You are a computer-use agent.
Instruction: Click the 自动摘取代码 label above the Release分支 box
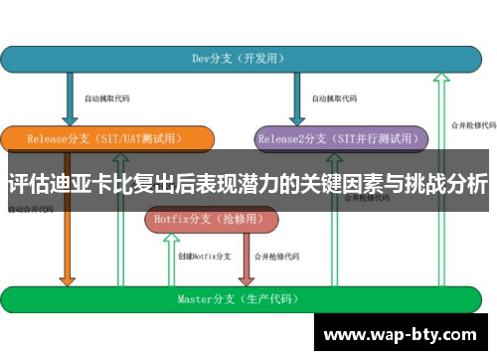point(106,99)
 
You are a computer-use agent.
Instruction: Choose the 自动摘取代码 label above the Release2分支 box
point(334,99)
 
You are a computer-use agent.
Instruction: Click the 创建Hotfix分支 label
point(205,257)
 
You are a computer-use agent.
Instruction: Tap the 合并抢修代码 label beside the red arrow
point(278,257)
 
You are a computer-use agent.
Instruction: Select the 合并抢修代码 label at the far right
point(472,125)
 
